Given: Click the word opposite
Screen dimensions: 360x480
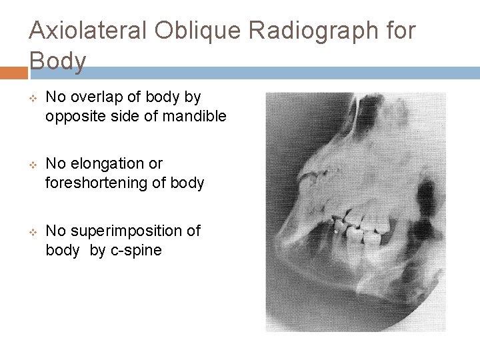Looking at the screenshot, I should (x=75, y=117).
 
